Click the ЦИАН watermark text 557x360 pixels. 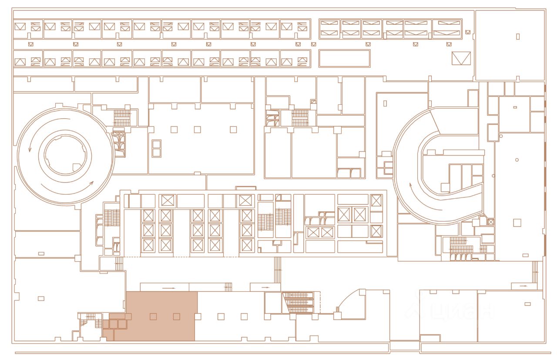pos(450,311)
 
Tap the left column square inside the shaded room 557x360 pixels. pos(153,317)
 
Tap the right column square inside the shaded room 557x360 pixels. pos(176,317)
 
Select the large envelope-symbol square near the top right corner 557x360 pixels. pos(461,58)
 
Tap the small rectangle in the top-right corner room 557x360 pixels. pos(518,37)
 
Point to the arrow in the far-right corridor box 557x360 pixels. pos(523,286)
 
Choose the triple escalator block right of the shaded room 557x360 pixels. pos(298,302)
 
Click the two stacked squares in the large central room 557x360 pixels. pos(156,148)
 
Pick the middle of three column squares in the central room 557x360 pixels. pos(198,129)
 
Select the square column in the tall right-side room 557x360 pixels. pos(517,223)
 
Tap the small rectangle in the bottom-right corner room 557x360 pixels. pos(528,303)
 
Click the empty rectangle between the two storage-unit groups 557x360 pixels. pos(344,58)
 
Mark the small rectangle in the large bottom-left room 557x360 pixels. pos(41,298)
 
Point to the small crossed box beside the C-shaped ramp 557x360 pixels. pos(491,222)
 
